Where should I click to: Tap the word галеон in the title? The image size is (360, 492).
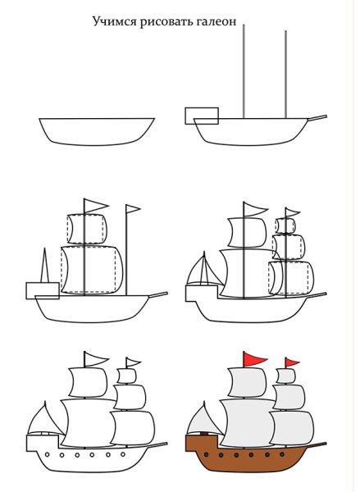[213, 23]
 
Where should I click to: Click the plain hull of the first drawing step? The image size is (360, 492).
[96, 131]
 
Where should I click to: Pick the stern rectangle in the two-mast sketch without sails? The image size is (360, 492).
[202, 115]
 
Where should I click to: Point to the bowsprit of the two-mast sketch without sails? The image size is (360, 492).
[317, 119]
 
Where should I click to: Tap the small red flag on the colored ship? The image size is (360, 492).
[292, 362]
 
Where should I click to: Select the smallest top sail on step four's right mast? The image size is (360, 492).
[288, 225]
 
